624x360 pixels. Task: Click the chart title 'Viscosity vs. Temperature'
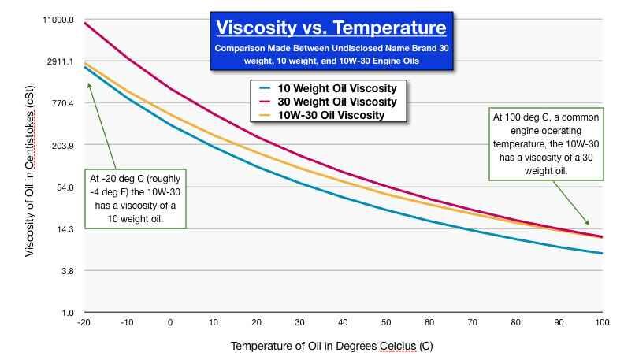(x=332, y=29)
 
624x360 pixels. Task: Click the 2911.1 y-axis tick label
(x=61, y=61)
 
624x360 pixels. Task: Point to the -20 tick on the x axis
(x=84, y=323)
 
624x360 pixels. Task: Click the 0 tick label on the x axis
(x=169, y=323)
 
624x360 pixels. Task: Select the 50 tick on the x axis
(x=386, y=323)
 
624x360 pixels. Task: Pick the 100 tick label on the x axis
(x=602, y=323)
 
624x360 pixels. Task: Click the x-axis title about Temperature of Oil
(x=332, y=347)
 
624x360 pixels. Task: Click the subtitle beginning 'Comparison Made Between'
(x=332, y=54)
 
